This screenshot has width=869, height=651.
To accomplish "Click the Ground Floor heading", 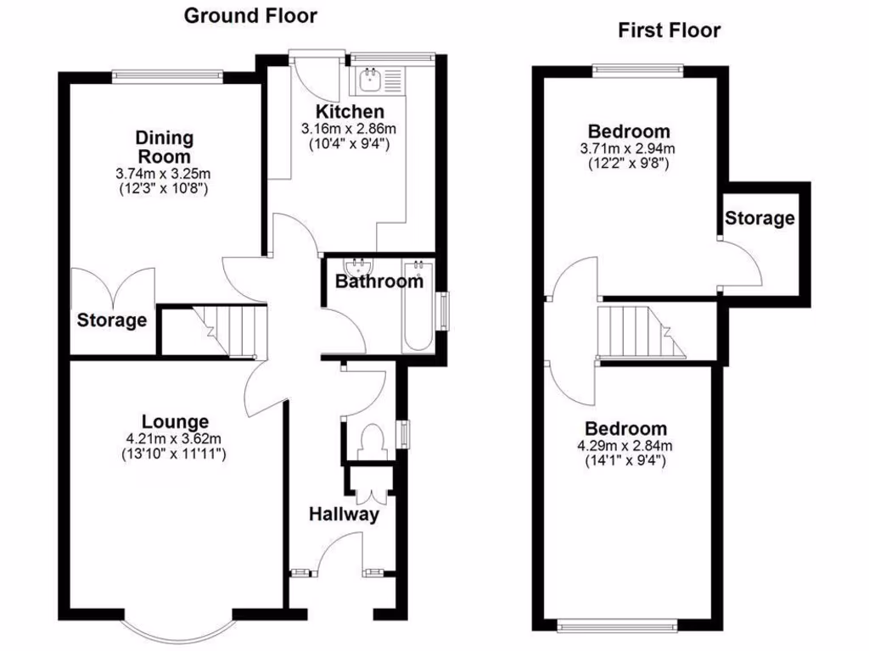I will [238, 14].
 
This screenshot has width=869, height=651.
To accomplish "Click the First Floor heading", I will [669, 31].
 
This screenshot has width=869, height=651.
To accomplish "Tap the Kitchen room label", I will [350, 112].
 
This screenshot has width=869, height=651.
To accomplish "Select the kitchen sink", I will [371, 81].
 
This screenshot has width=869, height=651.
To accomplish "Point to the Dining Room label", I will [165, 147].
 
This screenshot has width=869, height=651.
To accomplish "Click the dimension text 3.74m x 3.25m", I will [165, 174].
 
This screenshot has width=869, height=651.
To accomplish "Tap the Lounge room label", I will [175, 421].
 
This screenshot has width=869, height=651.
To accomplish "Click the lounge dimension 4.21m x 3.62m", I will [175, 439].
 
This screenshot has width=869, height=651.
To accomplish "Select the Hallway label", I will [343, 514].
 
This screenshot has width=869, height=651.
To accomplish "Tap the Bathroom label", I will [378, 281].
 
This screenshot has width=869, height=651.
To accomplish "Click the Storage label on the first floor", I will [760, 219].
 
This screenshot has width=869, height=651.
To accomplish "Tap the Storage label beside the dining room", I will [112, 321].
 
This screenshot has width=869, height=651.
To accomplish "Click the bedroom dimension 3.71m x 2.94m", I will [629, 149].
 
